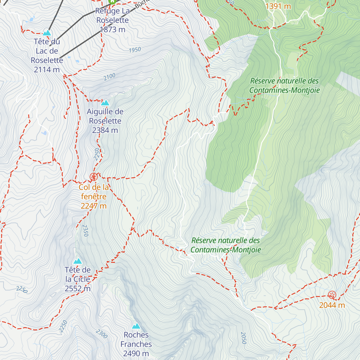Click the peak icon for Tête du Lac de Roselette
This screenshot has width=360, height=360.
click(x=47, y=33)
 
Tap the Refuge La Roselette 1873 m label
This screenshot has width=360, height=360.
click(x=112, y=20)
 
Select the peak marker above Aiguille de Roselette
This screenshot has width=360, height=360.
click(x=105, y=103)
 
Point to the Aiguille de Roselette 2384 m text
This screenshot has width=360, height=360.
click(x=105, y=121)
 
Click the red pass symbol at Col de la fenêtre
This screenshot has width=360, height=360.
click(x=94, y=177)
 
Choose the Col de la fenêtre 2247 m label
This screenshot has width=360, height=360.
click(x=94, y=196)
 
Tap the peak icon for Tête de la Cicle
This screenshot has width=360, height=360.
click(x=78, y=261)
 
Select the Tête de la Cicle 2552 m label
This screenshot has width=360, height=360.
click(x=78, y=279)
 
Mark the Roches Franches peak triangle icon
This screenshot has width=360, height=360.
click(x=136, y=326)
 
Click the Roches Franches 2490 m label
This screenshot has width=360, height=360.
click(x=136, y=344)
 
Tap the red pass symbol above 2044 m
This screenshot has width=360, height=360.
click(x=332, y=295)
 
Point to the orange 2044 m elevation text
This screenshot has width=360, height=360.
click(x=332, y=305)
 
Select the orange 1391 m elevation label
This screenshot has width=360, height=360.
click(x=278, y=6)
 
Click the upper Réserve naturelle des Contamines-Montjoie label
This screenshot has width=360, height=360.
click(x=284, y=85)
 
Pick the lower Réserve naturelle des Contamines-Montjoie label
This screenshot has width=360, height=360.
click(x=226, y=245)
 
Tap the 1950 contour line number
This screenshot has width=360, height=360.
click(x=135, y=50)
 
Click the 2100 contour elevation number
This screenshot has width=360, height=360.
click(x=109, y=77)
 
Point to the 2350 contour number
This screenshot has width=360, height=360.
click(x=85, y=230)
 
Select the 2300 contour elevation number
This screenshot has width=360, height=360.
click(x=102, y=334)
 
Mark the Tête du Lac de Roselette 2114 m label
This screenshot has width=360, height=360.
click(x=47, y=55)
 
